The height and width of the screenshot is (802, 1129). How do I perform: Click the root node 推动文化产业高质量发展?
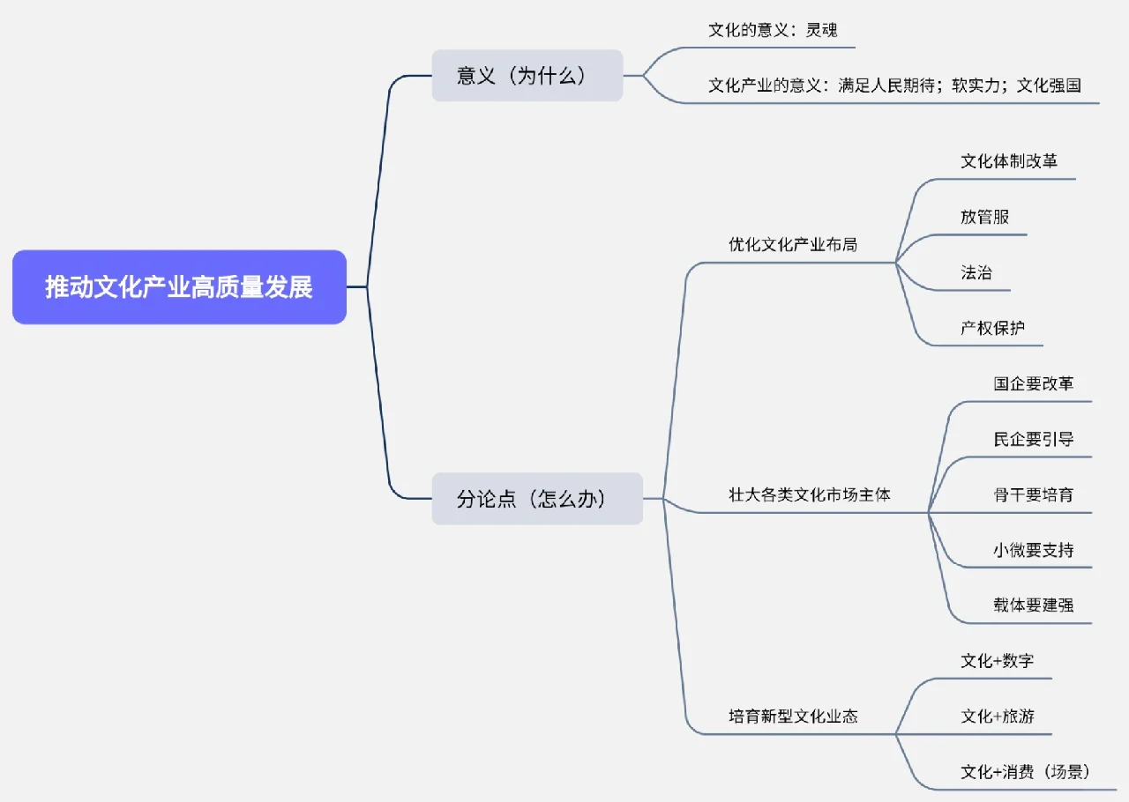pos(179,287)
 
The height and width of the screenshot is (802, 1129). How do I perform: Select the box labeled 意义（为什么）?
pos(527,76)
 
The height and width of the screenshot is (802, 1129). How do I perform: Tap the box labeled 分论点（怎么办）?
pos(536,499)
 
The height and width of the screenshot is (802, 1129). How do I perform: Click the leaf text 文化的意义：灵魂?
pos(773,30)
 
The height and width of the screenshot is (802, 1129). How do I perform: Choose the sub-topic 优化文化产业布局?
pos(792,244)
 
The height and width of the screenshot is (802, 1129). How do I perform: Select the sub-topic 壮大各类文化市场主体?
pos(809,494)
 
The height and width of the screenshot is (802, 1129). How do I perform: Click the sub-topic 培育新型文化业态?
pos(792,716)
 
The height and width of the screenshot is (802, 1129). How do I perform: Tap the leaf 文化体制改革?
pos(1008,161)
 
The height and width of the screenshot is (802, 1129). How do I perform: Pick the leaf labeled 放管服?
pos(984,217)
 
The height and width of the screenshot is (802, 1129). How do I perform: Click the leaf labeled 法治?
pos(976,272)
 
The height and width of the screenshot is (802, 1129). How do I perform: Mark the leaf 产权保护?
pos(992,328)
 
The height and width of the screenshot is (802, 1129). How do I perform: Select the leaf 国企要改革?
pos(1033,383)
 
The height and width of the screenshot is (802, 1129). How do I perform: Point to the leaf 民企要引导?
pos(1033,439)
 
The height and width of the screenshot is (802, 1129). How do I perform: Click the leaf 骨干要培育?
pos(1033,494)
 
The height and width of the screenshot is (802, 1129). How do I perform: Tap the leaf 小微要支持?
pos(1033,550)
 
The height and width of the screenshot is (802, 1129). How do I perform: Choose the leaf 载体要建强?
pos(1033,605)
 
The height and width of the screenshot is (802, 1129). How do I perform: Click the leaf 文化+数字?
pos(997,660)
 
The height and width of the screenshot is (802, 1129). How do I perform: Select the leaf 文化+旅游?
pos(997,716)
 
